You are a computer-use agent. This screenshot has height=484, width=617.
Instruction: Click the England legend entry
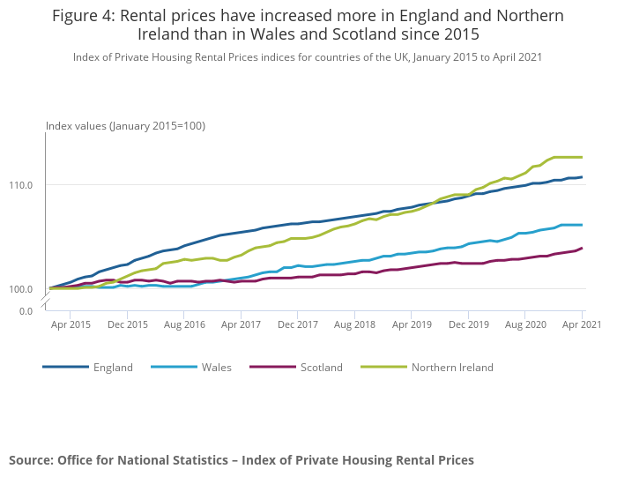click(x=113, y=368)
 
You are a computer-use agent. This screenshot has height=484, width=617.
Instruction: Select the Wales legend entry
click(x=216, y=368)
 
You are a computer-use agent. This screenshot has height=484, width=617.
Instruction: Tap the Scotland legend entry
click(x=321, y=368)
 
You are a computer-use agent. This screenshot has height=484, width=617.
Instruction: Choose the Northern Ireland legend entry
click(x=452, y=368)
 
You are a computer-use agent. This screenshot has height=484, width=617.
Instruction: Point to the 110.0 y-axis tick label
click(x=22, y=185)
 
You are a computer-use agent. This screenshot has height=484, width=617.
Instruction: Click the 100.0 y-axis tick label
click(x=22, y=289)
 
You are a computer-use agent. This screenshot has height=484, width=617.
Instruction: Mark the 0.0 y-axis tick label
click(x=26, y=310)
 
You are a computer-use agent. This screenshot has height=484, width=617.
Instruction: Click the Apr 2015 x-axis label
click(x=71, y=325)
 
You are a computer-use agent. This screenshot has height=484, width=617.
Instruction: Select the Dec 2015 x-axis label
click(x=128, y=325)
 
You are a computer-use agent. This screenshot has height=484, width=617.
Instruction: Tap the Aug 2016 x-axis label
click(x=184, y=325)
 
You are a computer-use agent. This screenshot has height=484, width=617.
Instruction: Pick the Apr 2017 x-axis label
click(x=241, y=325)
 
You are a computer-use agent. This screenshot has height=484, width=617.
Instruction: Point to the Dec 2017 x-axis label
click(x=297, y=325)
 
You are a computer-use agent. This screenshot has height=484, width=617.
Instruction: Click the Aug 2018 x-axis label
click(x=354, y=325)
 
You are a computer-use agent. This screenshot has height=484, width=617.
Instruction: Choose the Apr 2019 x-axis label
click(x=412, y=325)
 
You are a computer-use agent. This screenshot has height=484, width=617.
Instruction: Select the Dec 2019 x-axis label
click(x=468, y=325)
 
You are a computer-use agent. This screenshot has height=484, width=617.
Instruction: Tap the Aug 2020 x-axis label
click(x=525, y=325)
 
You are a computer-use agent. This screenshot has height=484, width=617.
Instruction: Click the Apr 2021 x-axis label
click(x=581, y=325)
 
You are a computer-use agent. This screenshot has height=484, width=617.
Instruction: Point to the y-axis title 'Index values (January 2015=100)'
click(x=125, y=126)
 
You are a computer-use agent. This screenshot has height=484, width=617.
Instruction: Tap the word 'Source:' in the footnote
click(x=31, y=460)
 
